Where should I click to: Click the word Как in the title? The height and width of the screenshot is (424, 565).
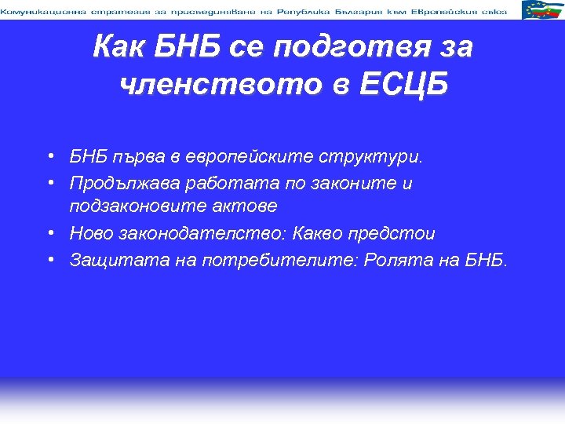tap(121, 47)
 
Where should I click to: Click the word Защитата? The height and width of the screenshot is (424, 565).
tap(108, 260)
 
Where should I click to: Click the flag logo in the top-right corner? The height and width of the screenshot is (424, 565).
tap(541, 9)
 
